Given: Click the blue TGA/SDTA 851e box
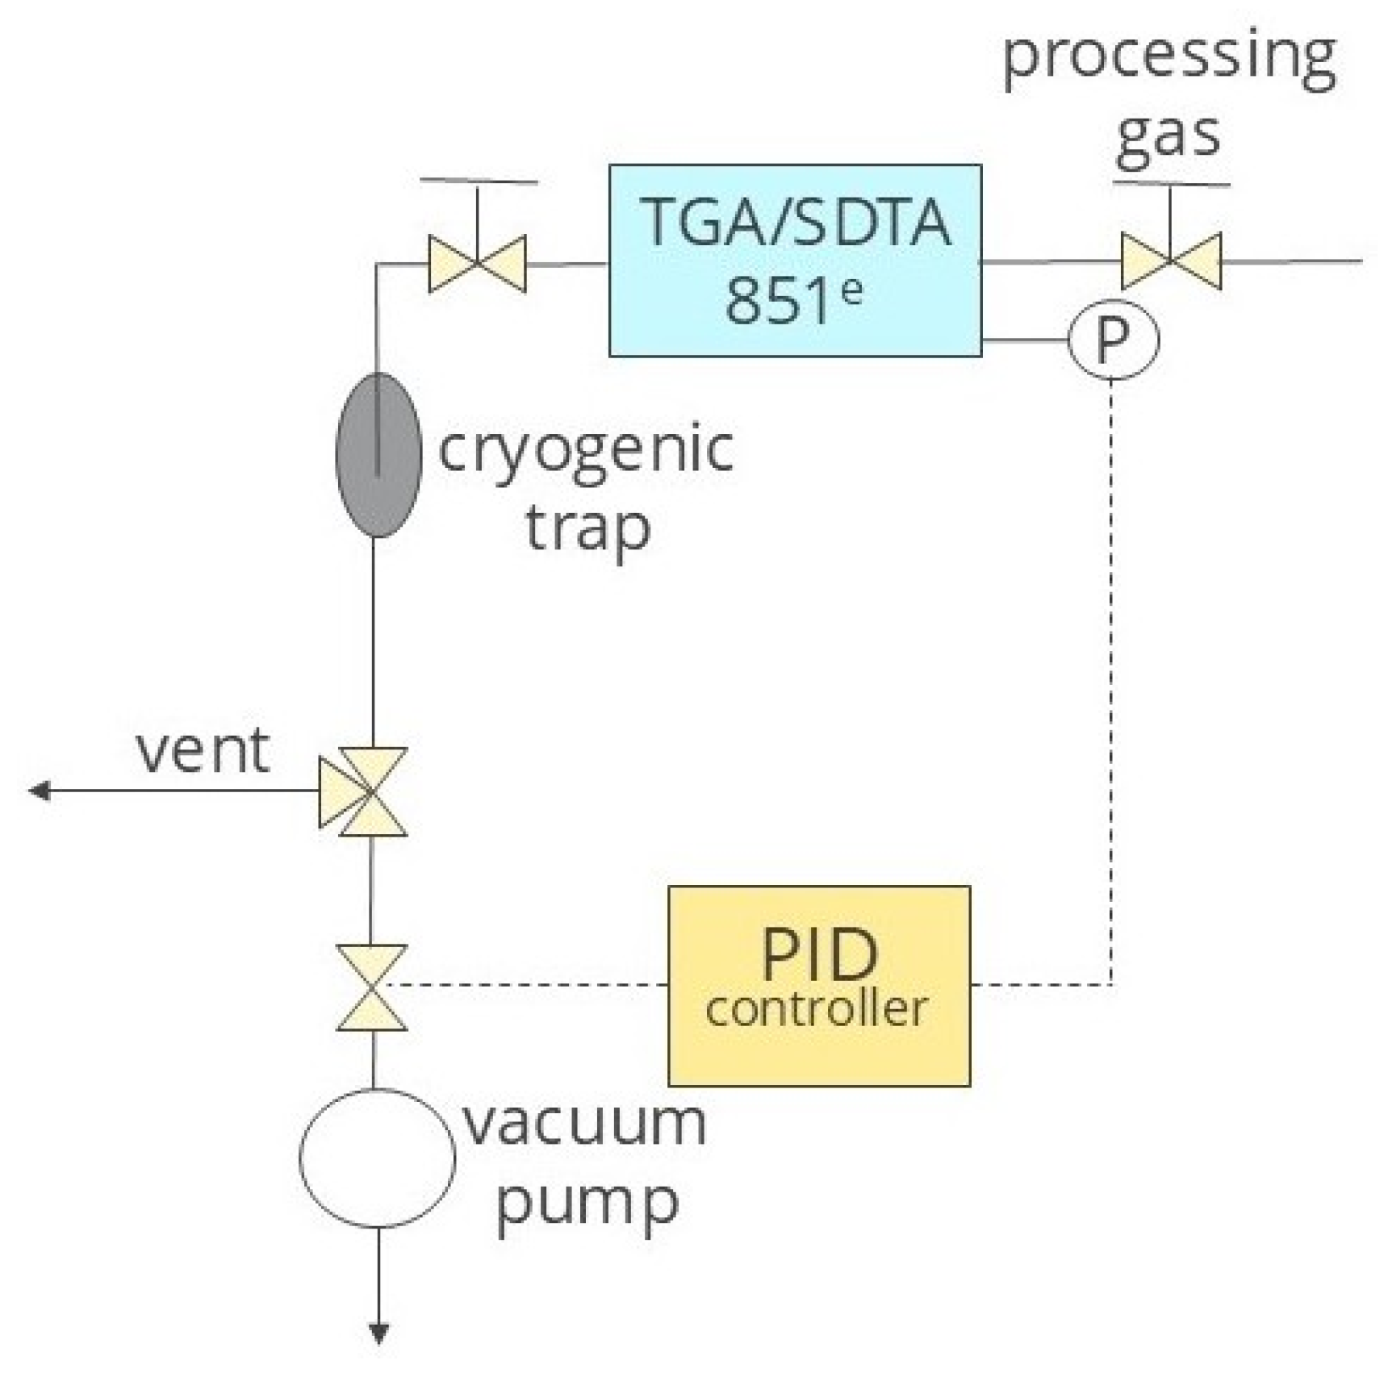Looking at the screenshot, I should tap(795, 260).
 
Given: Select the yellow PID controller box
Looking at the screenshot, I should tap(819, 986).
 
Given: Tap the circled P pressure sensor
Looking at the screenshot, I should tap(1113, 340).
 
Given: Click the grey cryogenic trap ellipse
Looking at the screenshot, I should tap(378, 454).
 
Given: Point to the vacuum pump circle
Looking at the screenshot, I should tap(377, 1158).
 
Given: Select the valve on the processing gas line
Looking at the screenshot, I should tap(1170, 261).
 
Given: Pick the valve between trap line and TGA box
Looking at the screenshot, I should tap(477, 263).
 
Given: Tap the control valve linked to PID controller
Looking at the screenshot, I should tap(371, 987).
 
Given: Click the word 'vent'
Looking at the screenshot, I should tap(202, 750).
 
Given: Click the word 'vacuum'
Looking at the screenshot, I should tap(584, 1123).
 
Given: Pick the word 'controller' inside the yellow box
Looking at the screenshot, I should tap(816, 1008).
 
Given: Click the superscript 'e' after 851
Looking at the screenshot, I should tap(851, 289).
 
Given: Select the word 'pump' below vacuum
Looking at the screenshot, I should tap(587, 1203).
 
